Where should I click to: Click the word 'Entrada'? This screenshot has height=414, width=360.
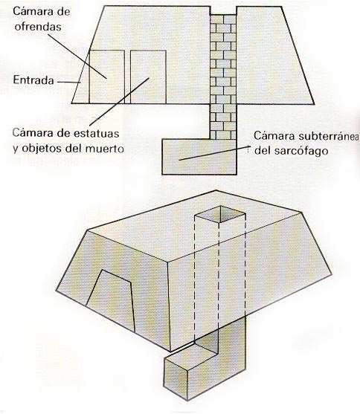tap(33, 80)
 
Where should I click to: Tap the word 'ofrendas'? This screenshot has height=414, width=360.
tap(38, 27)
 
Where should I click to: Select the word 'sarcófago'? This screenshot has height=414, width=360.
tap(301, 151)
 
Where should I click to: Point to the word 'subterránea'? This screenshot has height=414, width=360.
tap(329, 136)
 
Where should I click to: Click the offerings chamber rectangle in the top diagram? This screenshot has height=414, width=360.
tap(106, 77)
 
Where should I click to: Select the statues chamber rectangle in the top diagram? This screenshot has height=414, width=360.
tap(148, 77)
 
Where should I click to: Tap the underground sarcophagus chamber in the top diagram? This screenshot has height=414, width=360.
tap(199, 157)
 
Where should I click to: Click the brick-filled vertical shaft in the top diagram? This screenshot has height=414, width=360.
tap(223, 77)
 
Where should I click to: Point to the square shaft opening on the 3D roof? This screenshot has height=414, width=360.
tap(220, 214)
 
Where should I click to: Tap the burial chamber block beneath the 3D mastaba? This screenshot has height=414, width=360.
tap(205, 369)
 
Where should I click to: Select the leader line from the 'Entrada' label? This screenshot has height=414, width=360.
tap(69, 82)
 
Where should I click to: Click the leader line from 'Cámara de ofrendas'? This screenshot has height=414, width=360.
tap(77, 56)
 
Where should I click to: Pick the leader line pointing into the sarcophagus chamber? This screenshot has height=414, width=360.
tap(214, 153)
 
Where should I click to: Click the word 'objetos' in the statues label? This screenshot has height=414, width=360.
tap(42, 149)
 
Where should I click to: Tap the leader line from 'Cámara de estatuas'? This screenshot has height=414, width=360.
tap(120, 101)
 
